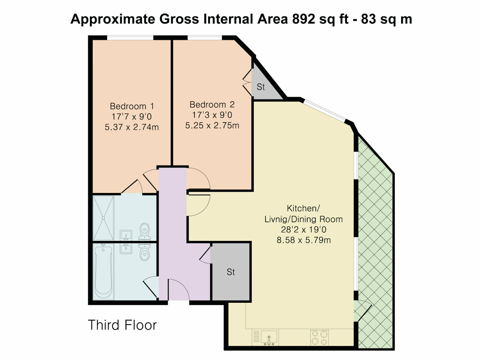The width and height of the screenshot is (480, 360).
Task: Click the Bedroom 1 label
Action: [x=132, y=106]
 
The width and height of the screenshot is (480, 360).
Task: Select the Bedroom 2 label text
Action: [x=212, y=104]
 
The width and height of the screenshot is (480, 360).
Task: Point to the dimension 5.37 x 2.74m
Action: [x=132, y=127]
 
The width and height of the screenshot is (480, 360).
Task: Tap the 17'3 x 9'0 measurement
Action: [x=212, y=115]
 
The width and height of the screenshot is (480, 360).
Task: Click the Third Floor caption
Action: [x=122, y=325]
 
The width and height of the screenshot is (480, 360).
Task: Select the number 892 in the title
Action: [x=303, y=19]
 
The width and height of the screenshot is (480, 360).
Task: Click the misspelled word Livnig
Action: [x=276, y=219]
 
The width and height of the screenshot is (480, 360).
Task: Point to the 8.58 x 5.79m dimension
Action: [x=304, y=240]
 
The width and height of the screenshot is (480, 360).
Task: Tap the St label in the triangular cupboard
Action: [x=261, y=87]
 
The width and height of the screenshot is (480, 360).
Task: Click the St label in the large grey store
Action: [x=231, y=272]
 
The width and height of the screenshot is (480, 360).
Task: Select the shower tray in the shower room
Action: [x=103, y=218]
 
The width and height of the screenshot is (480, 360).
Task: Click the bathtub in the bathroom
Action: [x=103, y=271]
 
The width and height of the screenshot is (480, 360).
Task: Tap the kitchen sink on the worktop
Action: [x=269, y=337]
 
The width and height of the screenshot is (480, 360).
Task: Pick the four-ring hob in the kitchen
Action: [x=319, y=337]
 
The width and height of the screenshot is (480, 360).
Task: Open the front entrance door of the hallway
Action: [x=178, y=290]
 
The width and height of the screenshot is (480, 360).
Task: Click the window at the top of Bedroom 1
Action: [x=130, y=37]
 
